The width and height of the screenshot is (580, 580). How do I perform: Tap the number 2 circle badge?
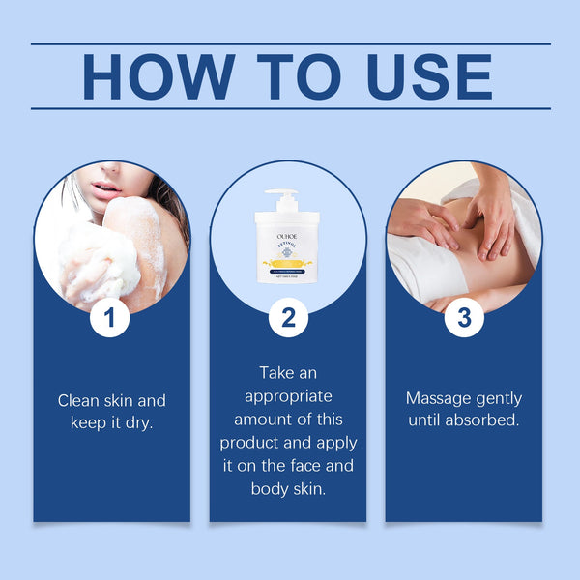tap(288, 318)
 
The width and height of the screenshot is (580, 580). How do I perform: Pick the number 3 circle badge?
tap(464, 318)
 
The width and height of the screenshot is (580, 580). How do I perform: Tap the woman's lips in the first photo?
tap(105, 185)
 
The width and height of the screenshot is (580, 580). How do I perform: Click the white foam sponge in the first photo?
tap(97, 256)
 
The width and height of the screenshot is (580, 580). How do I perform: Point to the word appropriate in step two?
tap(288, 395)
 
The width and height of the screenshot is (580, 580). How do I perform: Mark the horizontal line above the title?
tap(290, 43)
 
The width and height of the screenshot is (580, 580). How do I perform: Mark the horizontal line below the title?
tap(290, 108)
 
